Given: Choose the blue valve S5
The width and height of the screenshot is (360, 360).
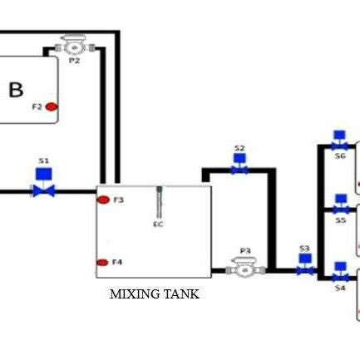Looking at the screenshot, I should pyautogui.click(x=340, y=205).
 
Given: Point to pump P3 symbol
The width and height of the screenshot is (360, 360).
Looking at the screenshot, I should pyautogui.click(x=244, y=268).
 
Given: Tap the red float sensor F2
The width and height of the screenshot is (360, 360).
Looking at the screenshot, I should pyautogui.click(x=52, y=106).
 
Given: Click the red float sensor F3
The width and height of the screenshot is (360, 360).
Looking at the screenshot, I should pyautogui.click(x=103, y=200).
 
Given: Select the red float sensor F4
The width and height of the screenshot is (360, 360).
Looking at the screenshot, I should pyautogui.click(x=102, y=263).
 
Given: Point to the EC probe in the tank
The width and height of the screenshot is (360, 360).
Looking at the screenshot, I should pyautogui.click(x=159, y=202).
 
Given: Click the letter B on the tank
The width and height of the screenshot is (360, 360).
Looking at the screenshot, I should pyautogui.click(x=16, y=90).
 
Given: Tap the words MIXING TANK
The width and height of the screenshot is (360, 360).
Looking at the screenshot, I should pyautogui.click(x=155, y=294).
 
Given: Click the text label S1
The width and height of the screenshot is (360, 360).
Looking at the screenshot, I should pyautogui.click(x=43, y=160).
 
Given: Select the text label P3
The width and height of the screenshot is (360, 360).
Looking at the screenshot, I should pyautogui.click(x=244, y=250).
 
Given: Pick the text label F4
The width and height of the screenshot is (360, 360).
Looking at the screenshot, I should pyautogui.click(x=117, y=263).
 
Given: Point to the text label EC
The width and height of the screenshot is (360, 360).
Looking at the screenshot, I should pyautogui.click(x=158, y=224).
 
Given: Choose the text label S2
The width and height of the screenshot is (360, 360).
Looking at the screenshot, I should pyautogui.click(x=239, y=149).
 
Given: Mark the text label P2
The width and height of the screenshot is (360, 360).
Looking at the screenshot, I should pyautogui.click(x=74, y=61).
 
